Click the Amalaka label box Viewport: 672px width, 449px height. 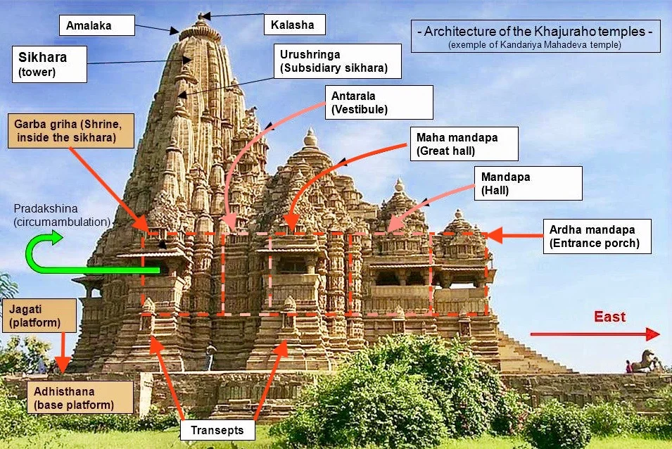pyautogui.click(x=95, y=26)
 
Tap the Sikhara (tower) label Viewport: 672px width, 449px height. pyautogui.click(x=49, y=63)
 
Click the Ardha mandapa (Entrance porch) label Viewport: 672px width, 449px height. pyautogui.click(x=597, y=236)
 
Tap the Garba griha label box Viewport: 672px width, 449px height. pyautogui.click(x=70, y=130)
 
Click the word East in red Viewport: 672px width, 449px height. pyautogui.click(x=609, y=317)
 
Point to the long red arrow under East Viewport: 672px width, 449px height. pyautogui.click(x=595, y=334)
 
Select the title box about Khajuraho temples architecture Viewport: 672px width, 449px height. pyautogui.click(x=535, y=36)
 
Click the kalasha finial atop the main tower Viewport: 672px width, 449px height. pyautogui.click(x=201, y=15)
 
